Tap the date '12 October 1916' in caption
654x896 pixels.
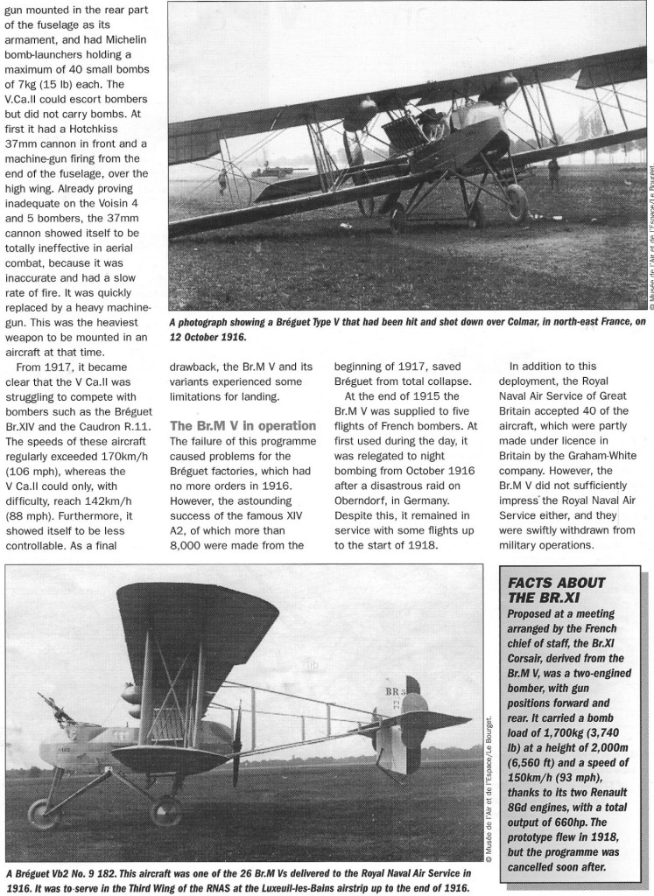click(207, 337)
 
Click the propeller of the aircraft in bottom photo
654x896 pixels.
click(236, 743)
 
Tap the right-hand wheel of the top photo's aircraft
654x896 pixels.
click(517, 204)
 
